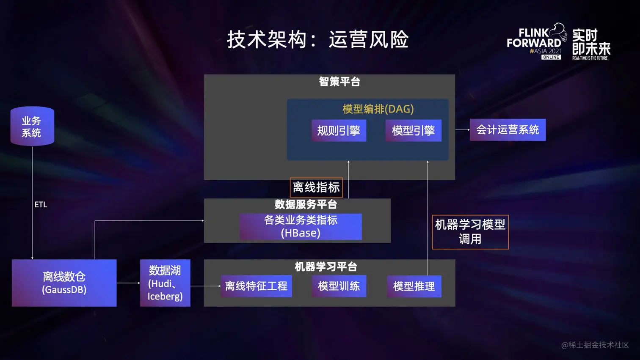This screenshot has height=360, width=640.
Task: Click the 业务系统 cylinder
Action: click(x=32, y=126)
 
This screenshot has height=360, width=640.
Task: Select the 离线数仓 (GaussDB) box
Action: click(x=64, y=283)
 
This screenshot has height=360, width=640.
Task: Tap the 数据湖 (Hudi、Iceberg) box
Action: click(x=165, y=283)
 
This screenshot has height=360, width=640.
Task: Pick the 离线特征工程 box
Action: click(x=256, y=286)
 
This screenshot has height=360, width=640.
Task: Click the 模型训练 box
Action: click(x=339, y=286)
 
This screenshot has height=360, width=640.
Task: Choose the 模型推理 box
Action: click(x=414, y=286)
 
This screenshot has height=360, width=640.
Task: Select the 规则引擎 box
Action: click(x=339, y=130)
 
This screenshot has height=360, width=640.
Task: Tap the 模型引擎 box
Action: click(x=413, y=130)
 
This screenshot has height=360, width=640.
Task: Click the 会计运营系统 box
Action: click(x=508, y=129)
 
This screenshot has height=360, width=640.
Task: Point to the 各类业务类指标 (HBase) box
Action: click(x=301, y=227)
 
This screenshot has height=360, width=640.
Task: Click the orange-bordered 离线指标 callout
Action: click(x=316, y=187)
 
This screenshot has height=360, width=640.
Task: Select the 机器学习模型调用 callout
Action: click(x=470, y=232)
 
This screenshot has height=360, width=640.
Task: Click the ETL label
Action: click(x=41, y=205)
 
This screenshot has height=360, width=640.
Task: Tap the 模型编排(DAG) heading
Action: click(x=378, y=109)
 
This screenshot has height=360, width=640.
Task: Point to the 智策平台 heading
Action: click(x=339, y=82)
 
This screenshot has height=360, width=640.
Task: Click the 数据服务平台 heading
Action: click(x=306, y=205)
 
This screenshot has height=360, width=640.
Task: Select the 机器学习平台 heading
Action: click(x=326, y=267)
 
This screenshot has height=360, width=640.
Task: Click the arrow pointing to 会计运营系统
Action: click(x=463, y=130)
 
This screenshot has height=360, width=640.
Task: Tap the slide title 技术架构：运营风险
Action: click(x=318, y=40)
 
